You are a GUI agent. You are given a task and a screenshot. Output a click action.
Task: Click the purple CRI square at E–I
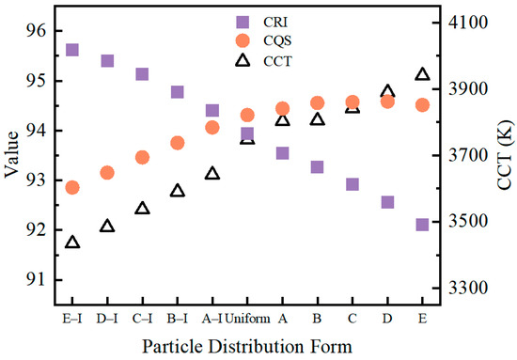72,50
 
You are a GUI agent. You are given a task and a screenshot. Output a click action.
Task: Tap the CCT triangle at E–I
72,243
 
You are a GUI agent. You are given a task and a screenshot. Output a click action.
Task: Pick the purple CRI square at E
422,225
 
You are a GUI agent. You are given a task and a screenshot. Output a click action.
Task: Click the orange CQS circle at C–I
142,157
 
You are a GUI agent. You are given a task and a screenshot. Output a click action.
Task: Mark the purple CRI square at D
387,202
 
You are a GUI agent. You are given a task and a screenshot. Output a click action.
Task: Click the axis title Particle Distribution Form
247,347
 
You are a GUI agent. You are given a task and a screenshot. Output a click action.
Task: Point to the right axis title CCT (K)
506,155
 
